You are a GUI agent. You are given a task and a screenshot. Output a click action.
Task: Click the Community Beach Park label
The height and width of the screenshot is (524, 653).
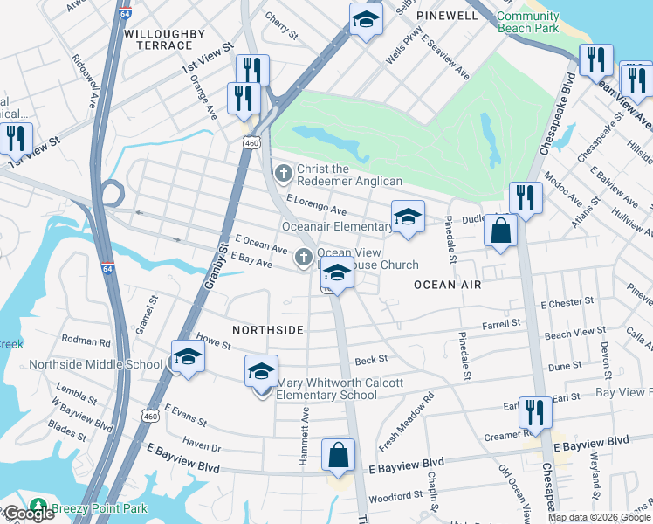(527, 22)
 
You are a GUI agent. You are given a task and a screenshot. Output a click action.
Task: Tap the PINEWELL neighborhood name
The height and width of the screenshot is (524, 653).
(447, 16)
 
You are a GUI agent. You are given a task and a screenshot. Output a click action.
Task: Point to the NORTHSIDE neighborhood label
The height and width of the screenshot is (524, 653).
(268, 329)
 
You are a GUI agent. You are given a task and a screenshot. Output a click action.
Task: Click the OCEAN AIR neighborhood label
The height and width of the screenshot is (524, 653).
(448, 285)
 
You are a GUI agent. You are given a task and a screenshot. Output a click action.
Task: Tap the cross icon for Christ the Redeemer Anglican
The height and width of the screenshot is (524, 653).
(283, 174)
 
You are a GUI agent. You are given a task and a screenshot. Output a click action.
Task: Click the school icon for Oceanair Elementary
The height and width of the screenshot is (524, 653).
(408, 217)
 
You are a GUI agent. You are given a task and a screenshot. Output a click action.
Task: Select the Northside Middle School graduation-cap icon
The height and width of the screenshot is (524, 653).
(188, 356)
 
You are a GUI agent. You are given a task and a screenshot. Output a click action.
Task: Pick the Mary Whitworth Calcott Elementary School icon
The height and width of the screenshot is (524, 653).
(261, 372)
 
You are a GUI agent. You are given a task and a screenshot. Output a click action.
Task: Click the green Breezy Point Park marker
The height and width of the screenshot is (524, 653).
(38, 506)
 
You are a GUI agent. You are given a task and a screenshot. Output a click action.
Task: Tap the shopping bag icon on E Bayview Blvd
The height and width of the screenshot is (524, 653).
(338, 455)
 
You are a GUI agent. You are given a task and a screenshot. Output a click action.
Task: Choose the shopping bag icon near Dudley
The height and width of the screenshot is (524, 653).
(501, 231)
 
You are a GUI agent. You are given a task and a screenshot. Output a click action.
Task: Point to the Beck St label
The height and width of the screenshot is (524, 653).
(370, 359)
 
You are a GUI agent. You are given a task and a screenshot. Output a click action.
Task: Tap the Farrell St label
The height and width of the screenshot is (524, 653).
(501, 323)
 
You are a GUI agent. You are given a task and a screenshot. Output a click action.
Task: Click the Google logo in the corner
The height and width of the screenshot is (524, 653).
(28, 514)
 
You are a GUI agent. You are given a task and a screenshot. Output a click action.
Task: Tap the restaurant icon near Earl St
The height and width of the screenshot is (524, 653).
(534, 411)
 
